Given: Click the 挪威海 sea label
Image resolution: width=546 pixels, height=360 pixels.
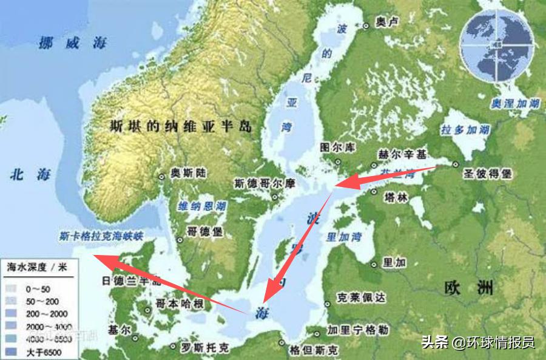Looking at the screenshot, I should tap(72, 43).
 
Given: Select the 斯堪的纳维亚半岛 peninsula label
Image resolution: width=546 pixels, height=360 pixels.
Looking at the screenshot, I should tap(181, 126).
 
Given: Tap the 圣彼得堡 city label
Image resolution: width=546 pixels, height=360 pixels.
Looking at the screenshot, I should tap(490, 173).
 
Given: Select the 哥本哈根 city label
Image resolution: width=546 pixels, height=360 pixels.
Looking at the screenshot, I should tap(180, 303).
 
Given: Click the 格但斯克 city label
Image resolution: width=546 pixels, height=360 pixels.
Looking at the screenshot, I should tap(311, 350).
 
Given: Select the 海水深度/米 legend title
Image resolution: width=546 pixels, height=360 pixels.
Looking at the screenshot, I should tap(36, 266).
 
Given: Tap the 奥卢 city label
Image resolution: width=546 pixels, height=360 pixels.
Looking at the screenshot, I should tap(387, 22).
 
